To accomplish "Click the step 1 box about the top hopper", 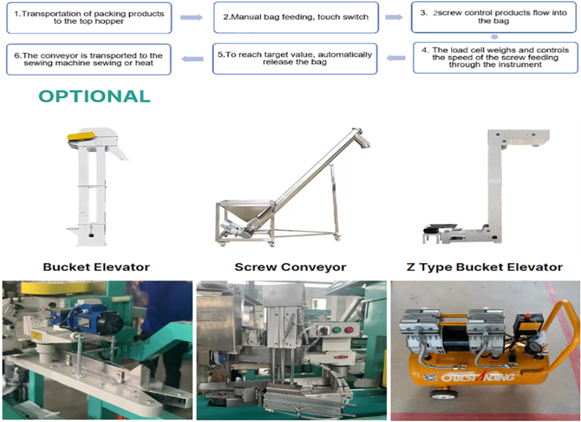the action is (89, 18).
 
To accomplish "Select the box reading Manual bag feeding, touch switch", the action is (296, 18).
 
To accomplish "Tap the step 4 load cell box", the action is (495, 57).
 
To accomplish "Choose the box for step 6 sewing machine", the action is (89, 59).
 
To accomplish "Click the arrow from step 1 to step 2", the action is (192, 18).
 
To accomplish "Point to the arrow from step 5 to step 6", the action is (192, 59).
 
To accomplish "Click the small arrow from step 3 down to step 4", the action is (494, 37).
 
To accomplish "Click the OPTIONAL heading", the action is (95, 96).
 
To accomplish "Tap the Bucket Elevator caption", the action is (96, 267).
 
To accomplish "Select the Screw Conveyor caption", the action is (290, 267).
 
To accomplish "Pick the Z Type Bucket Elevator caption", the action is (485, 267).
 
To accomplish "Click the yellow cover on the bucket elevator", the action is (81, 136).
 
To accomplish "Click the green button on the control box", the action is (336, 330).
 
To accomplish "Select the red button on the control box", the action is (349, 330).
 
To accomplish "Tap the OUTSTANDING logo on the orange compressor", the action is (478, 377).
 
